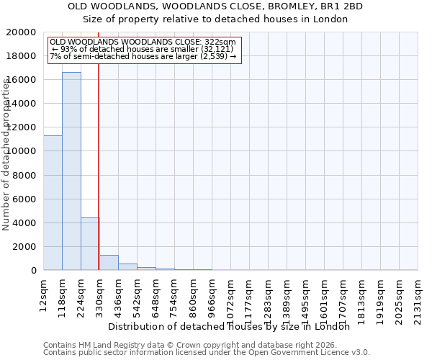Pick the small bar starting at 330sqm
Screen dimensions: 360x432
(x=109, y=263)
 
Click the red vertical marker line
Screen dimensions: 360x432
(x=98, y=158)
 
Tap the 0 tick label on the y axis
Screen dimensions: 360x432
(x=34, y=270)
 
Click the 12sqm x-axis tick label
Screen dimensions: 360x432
(x=44, y=293)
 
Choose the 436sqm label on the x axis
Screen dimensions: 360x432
(x=119, y=296)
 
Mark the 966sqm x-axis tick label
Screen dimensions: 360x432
(x=212, y=296)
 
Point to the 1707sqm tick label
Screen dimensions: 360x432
(x=343, y=298)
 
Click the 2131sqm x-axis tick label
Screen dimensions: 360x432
(x=418, y=298)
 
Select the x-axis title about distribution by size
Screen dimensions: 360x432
(x=233, y=326)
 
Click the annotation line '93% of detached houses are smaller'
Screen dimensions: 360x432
(x=141, y=49)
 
